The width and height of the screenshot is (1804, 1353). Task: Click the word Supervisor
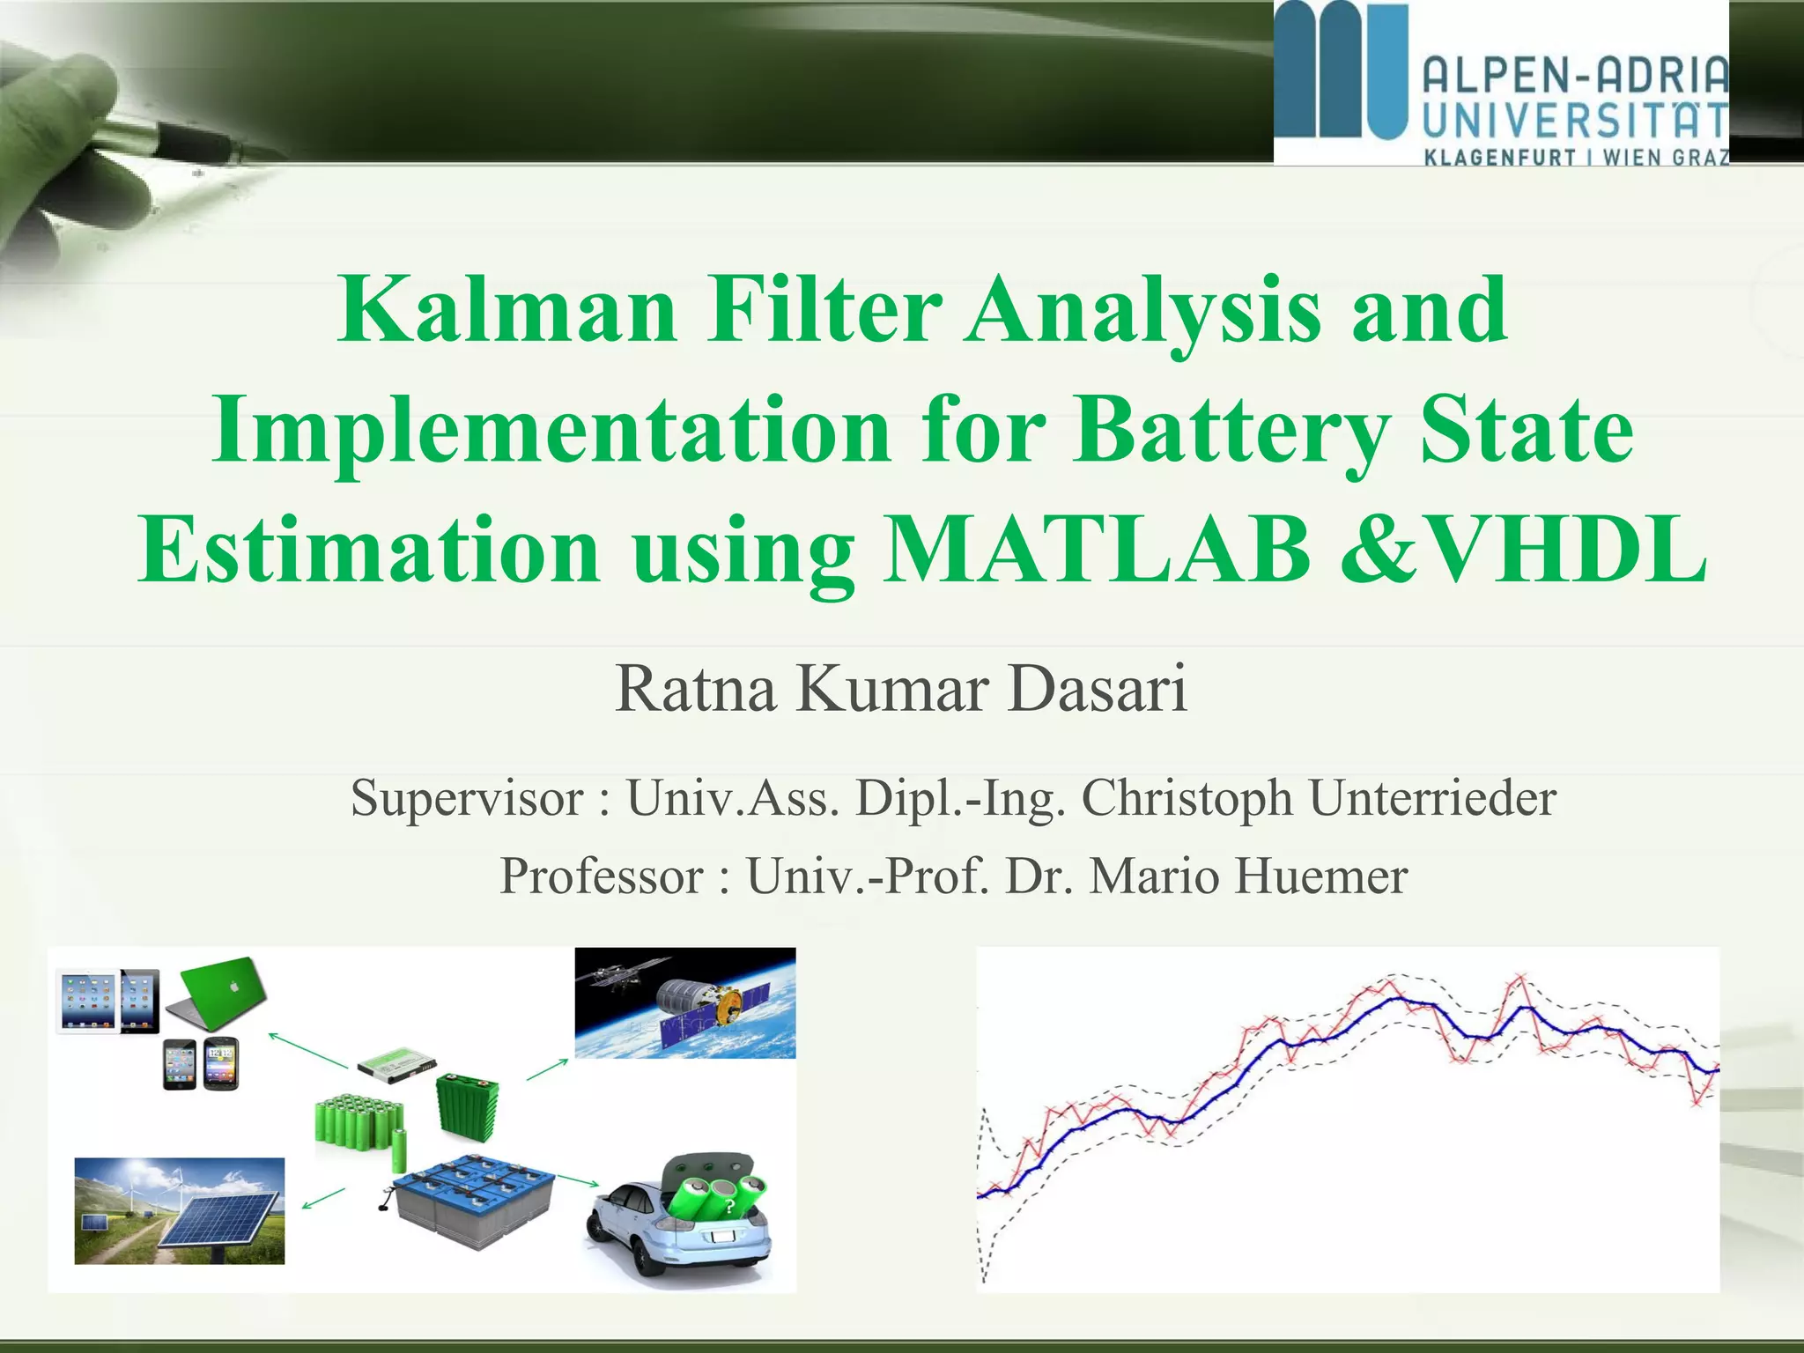tap(467, 798)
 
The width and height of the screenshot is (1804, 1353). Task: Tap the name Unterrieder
tap(1432, 798)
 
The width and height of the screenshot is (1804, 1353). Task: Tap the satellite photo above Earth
tap(684, 1002)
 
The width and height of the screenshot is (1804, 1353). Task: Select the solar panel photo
tap(180, 1211)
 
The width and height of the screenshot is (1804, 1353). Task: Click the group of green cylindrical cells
tap(357, 1122)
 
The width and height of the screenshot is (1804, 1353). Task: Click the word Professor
tap(602, 876)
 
